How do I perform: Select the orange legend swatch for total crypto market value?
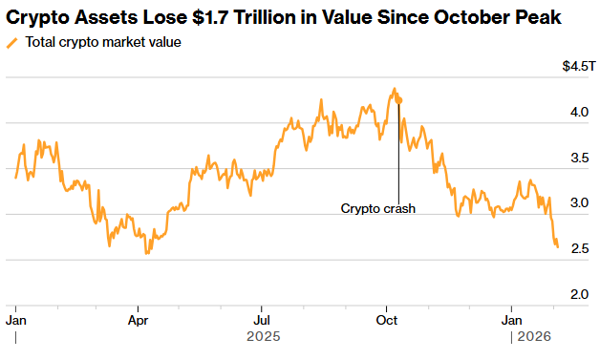tap(12, 43)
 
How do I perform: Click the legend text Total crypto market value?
tap(103, 43)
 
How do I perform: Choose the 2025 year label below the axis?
tap(264, 337)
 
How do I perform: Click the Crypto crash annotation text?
tap(378, 208)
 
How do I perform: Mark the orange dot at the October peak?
tap(398, 99)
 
